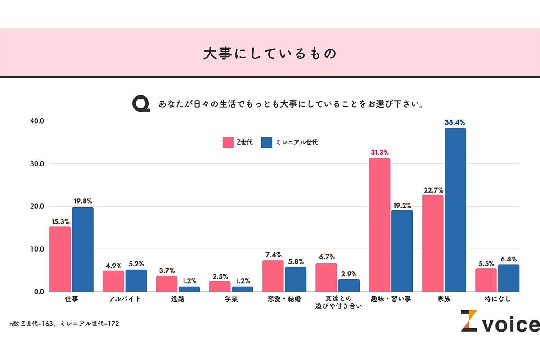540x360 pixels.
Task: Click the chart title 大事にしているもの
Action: [x=270, y=54]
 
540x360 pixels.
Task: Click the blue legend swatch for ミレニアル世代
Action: [x=267, y=143]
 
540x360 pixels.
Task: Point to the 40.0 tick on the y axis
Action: [x=36, y=121]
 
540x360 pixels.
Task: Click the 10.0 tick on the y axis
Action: [x=36, y=249]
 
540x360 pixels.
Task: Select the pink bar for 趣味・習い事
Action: [x=379, y=225]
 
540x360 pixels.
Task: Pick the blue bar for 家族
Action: [x=455, y=210]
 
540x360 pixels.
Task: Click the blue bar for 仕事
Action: [x=83, y=249]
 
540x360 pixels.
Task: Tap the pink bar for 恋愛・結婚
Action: [x=273, y=276]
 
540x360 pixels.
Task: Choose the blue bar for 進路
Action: [x=189, y=289]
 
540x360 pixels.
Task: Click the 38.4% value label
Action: [x=455, y=122]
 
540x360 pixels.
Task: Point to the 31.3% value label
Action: [x=379, y=152]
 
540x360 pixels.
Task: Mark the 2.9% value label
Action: [x=349, y=273]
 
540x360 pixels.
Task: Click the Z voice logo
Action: [x=499, y=321]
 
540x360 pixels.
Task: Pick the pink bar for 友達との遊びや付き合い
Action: [x=326, y=277]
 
